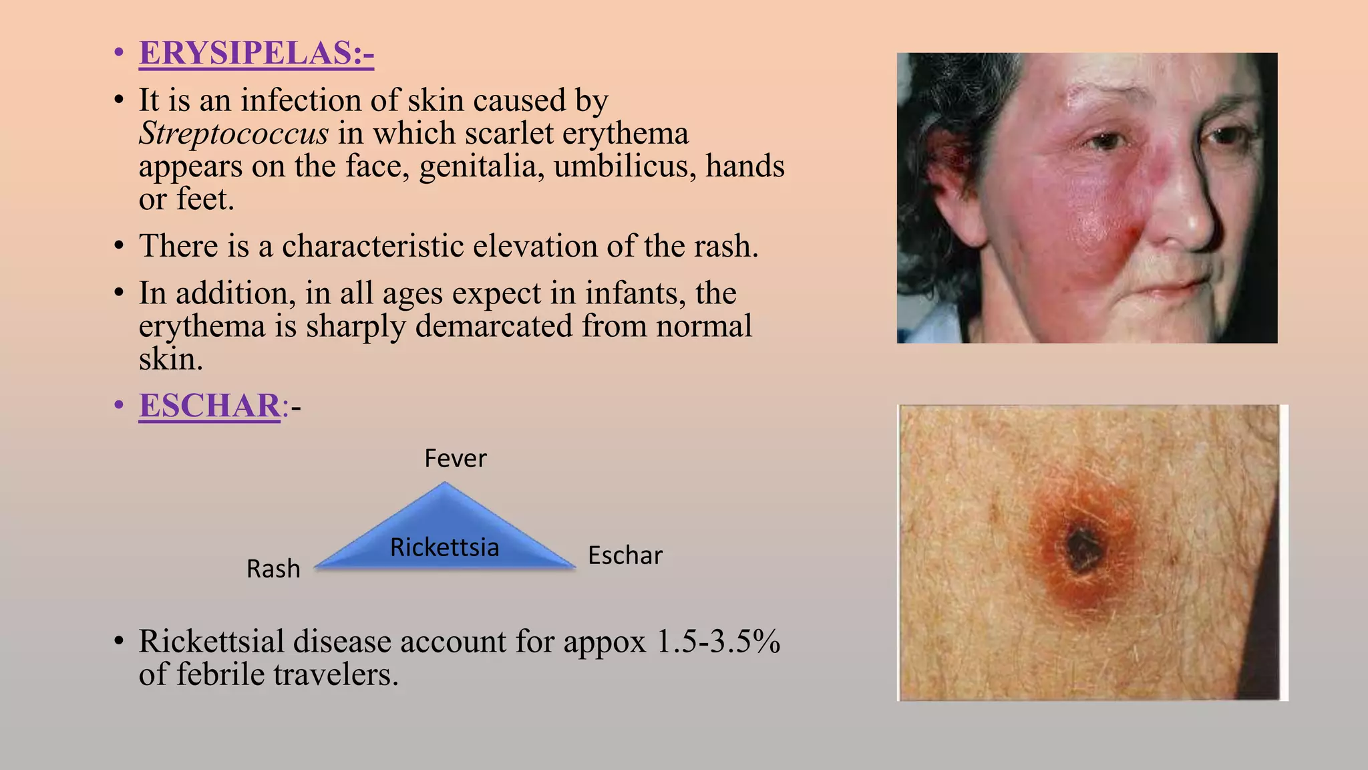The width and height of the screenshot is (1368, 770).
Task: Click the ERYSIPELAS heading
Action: coord(256,53)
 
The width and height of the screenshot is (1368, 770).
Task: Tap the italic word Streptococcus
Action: coord(234,133)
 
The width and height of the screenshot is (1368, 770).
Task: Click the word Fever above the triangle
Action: coord(456,459)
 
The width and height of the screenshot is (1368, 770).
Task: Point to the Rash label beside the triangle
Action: coord(273,569)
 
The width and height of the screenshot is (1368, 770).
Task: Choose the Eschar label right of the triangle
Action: coord(625,555)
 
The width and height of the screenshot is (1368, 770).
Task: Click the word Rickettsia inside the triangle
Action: coord(444,547)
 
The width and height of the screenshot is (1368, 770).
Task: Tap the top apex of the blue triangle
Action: coord(444,485)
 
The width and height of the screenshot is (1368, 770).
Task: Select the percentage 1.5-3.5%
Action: coord(718,642)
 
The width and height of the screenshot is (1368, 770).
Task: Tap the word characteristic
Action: coord(373,246)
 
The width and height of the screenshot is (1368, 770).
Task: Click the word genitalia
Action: coord(482,166)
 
